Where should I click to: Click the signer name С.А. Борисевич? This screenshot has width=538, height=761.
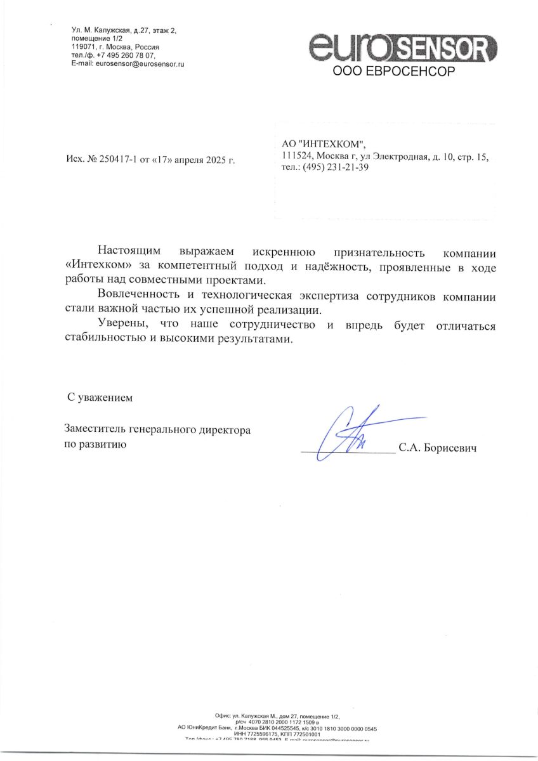pos(437,448)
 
